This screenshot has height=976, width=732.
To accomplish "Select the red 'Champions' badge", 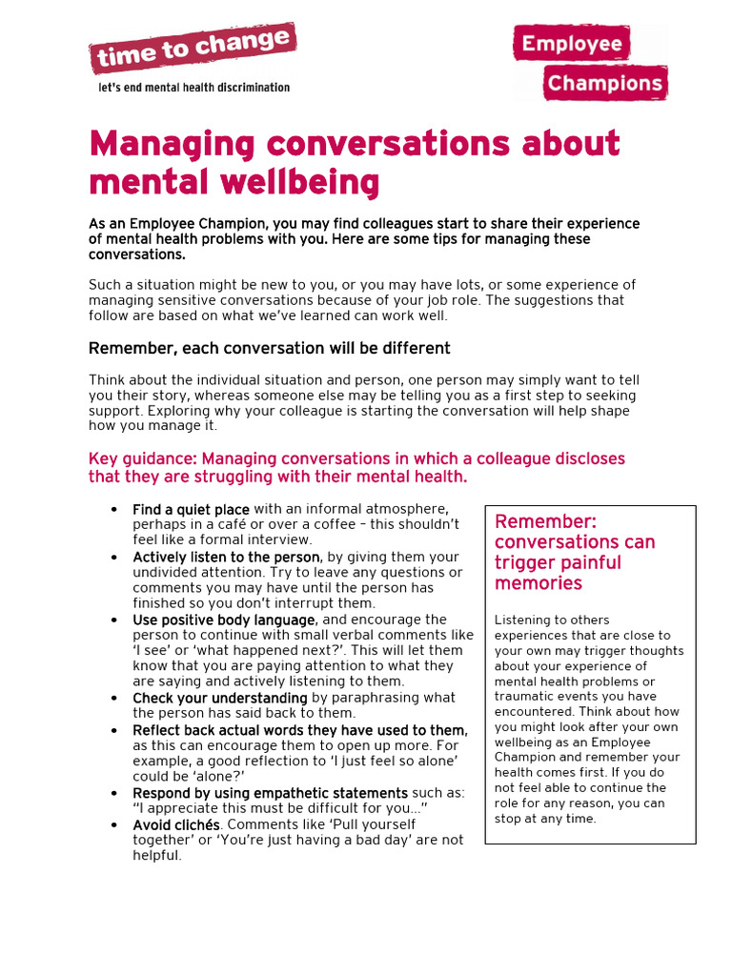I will (x=604, y=83).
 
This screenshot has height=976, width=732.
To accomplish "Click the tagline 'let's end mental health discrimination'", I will (x=194, y=88).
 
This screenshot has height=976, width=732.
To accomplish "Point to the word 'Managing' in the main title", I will (x=173, y=144).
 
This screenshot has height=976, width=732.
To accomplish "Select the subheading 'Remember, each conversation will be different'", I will (x=270, y=348).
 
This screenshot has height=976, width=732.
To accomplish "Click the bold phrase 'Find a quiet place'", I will (x=191, y=510).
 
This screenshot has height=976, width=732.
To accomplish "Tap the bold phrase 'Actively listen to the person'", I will (x=227, y=557).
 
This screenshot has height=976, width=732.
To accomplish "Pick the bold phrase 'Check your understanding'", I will (x=220, y=698).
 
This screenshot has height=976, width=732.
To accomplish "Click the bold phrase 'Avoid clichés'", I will (x=176, y=823).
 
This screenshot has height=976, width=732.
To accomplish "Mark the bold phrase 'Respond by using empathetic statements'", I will (x=270, y=793).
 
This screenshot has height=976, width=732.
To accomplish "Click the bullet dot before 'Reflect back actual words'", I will (x=114, y=731).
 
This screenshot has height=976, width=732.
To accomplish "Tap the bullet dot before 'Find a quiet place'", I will (x=114, y=510).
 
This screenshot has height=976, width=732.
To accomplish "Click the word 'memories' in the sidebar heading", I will (x=539, y=583).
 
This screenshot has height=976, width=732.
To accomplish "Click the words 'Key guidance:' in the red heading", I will (x=143, y=458).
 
